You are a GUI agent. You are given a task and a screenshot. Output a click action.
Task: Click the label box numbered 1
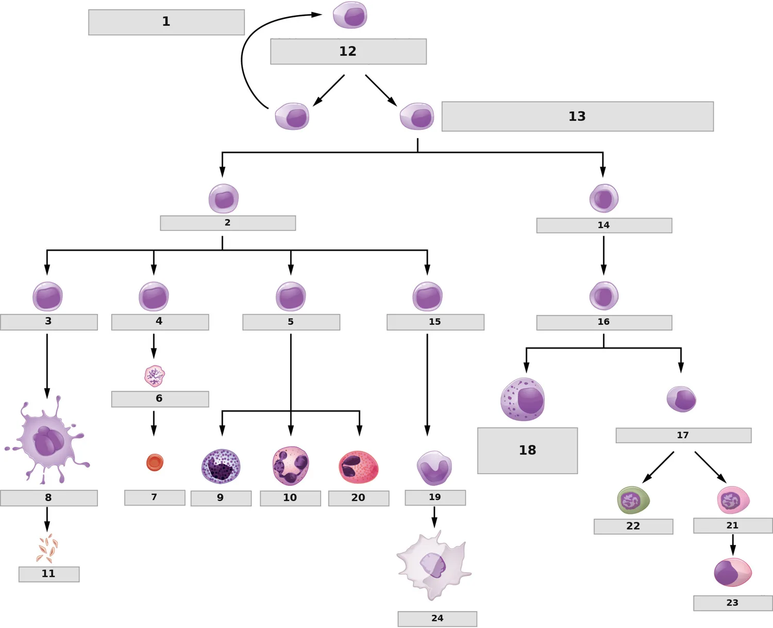166,22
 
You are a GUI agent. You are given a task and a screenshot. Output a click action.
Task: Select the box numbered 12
348,52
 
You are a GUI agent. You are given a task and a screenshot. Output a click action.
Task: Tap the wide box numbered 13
577,117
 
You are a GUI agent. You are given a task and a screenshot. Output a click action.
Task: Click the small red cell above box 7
155,462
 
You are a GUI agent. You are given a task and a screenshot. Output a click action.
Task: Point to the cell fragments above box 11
47,548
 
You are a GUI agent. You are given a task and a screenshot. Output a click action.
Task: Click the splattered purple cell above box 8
47,440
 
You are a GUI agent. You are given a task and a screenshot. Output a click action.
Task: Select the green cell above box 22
633,500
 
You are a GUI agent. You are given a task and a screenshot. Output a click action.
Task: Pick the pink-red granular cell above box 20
359,467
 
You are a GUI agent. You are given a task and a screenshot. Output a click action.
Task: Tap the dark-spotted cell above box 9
221,467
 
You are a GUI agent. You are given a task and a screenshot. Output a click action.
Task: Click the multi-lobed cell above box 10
290,466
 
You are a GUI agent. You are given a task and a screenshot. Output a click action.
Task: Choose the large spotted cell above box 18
523,399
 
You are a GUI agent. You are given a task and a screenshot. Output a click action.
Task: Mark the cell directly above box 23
733,572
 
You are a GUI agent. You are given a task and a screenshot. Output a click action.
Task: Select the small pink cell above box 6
155,376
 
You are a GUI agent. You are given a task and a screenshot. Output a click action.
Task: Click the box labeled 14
604,225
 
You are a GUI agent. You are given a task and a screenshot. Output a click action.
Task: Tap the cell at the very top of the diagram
350,15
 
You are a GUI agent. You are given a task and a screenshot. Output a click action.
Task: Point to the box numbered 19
435,498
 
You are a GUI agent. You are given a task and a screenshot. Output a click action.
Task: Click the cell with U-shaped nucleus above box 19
434,468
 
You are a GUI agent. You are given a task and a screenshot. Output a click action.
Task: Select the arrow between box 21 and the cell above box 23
733,545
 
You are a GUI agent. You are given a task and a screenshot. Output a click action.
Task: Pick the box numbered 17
683,435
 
